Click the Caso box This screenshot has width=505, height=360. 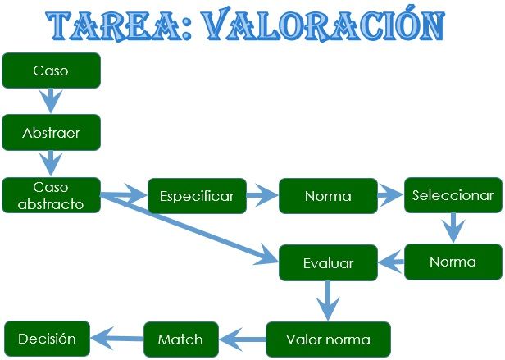click(51, 71)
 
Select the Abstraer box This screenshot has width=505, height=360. click(51, 132)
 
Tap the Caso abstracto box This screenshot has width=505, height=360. click(51, 196)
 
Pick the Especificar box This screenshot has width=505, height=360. click(197, 196)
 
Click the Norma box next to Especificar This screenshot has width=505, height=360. click(328, 196)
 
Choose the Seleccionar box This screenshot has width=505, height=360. click(453, 195)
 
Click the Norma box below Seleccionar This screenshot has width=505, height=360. click(453, 262)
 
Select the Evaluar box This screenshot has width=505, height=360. click(328, 263)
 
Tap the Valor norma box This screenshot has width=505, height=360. click(328, 339)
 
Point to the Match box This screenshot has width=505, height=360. click(180, 339)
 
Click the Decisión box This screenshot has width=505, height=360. click(47, 338)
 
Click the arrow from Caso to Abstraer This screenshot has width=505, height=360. click(51, 101)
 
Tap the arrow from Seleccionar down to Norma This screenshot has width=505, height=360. click(453, 227)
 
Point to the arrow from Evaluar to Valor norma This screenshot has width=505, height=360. click(328, 301)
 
